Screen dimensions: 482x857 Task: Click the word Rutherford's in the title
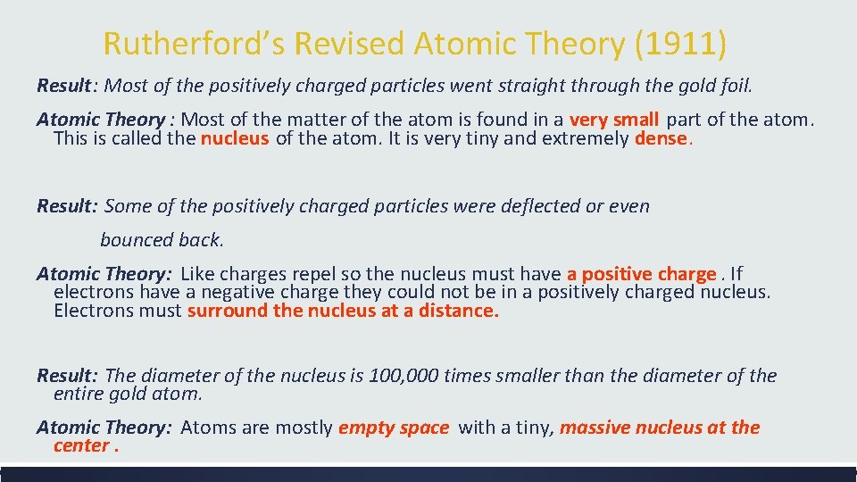click(193, 43)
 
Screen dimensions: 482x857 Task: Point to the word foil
click(736, 87)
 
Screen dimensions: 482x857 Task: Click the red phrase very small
click(613, 120)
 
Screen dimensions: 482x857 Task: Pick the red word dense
click(661, 138)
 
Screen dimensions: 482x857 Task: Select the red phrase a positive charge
click(641, 274)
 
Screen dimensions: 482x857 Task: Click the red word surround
click(227, 311)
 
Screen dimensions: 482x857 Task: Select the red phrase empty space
click(393, 428)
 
